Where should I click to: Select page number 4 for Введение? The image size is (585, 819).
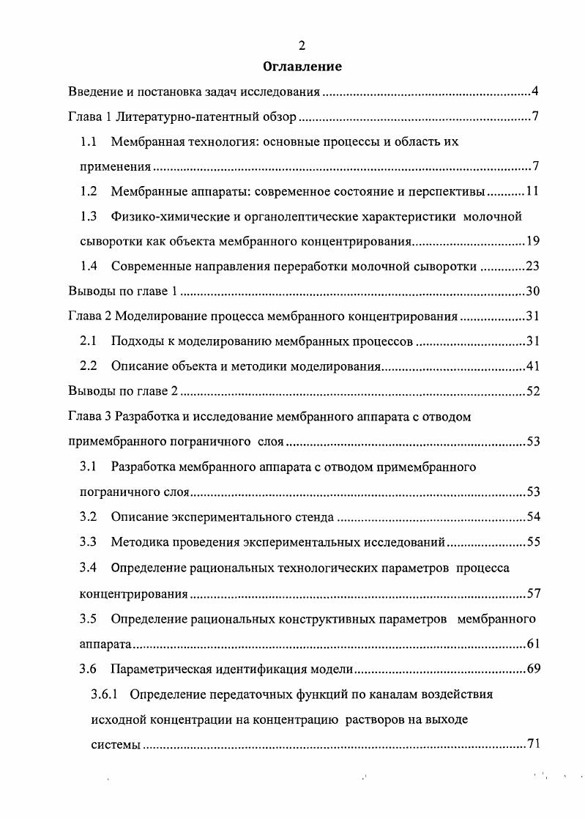tap(535, 92)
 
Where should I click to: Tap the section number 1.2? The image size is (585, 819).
tap(89, 192)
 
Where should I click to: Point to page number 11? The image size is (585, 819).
tap(532, 192)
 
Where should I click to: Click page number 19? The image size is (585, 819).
tap(532, 242)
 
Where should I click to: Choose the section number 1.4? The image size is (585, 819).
tap(89, 267)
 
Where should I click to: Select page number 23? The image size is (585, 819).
tap(532, 267)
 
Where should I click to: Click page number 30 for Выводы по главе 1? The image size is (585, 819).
tap(532, 292)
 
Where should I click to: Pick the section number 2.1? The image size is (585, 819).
tap(89, 341)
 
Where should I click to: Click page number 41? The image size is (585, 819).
tap(532, 366)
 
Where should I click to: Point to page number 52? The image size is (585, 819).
tap(532, 391)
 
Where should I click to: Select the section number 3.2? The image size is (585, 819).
tap(89, 517)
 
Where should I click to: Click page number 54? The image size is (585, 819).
tap(532, 517)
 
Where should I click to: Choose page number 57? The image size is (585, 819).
tap(532, 593)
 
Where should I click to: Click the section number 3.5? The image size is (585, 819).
tap(89, 618)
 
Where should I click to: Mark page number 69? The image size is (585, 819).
tap(532, 668)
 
